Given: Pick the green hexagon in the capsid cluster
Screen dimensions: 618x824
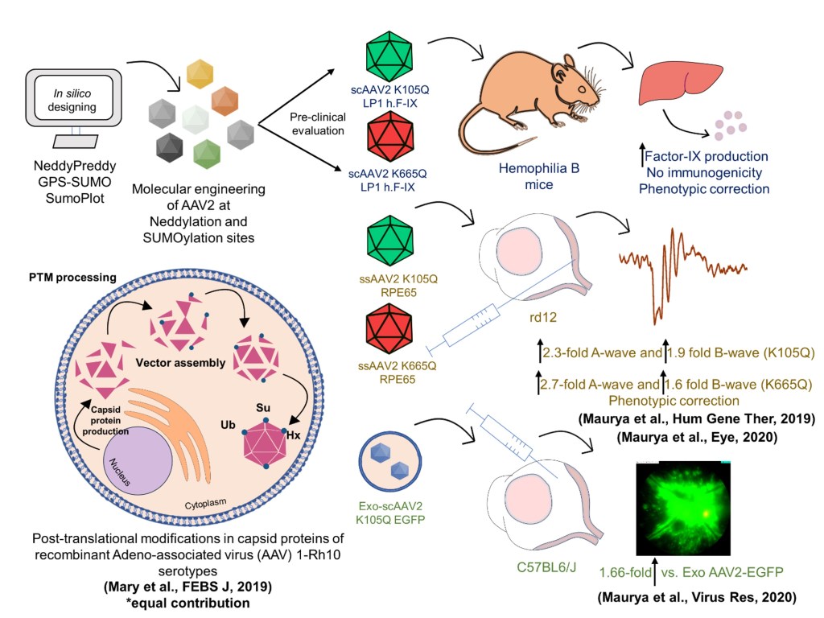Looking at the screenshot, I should tap(207, 153).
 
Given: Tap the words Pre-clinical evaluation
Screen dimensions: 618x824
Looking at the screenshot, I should tap(317, 122).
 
